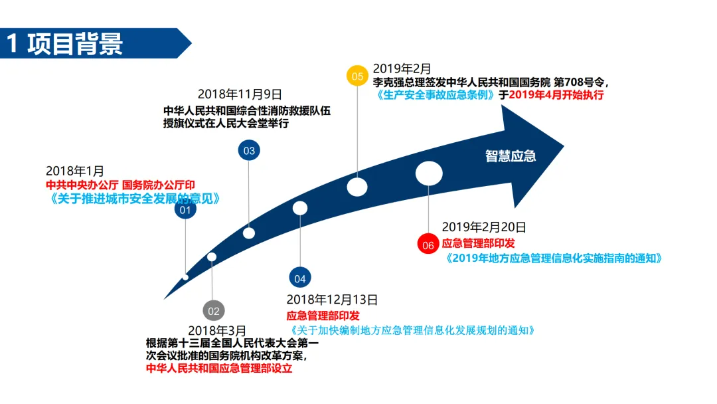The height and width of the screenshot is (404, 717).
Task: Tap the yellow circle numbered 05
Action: point(357,76)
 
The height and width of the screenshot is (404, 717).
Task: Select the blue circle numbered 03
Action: point(249,151)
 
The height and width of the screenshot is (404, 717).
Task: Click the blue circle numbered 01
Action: point(185,211)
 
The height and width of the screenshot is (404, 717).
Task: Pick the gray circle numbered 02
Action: point(213,310)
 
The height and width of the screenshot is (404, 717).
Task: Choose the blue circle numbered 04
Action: point(300,278)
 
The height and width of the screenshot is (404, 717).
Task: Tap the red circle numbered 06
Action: point(428,245)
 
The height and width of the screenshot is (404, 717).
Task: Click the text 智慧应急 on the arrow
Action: point(511,156)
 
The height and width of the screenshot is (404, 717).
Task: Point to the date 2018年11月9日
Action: point(240,94)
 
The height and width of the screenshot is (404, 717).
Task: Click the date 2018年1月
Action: point(75,171)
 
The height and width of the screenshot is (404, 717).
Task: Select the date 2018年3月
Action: point(217,330)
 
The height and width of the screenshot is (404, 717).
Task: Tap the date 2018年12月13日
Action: point(333,300)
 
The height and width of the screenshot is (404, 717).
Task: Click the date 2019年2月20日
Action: point(484,227)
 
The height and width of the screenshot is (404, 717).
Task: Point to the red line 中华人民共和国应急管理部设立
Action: point(219,368)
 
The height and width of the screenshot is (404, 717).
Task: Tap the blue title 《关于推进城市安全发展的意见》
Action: point(133,198)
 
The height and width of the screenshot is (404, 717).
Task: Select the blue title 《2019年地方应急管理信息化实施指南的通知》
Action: point(554,258)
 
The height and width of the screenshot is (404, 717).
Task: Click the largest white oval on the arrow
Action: point(429,173)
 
